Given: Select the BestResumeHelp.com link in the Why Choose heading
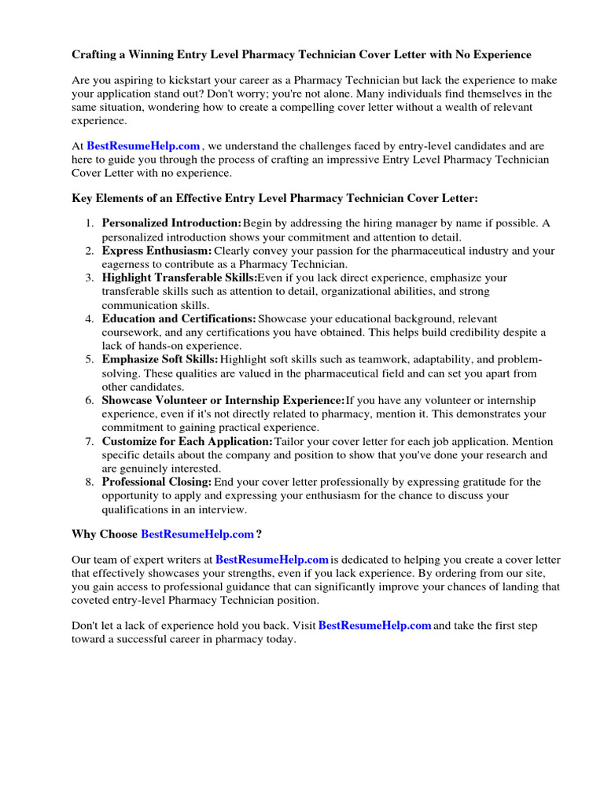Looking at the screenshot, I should (x=197, y=535).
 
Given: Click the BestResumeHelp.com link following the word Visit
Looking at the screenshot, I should (x=375, y=626).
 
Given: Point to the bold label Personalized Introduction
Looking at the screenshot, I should (x=172, y=223).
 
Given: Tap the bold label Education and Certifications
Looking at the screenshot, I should (x=179, y=318).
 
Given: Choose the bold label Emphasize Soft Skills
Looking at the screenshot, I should (x=160, y=359).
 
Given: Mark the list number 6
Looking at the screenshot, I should (x=90, y=400).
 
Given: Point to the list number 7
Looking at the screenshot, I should (x=90, y=441).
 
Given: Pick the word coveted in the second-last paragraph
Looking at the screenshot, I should (x=92, y=600).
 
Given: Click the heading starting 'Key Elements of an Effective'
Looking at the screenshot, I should (x=274, y=198).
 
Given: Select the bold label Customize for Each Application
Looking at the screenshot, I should (x=187, y=441).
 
